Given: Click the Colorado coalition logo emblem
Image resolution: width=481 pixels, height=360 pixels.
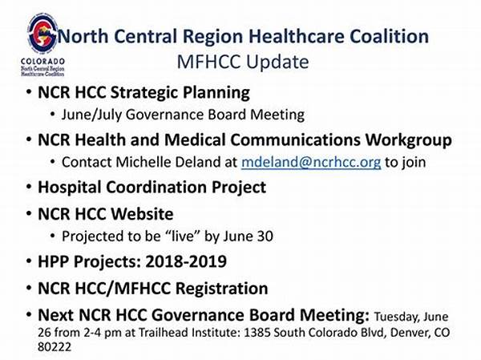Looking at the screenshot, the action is [42, 33].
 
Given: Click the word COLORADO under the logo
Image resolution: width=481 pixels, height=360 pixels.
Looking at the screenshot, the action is [42, 62].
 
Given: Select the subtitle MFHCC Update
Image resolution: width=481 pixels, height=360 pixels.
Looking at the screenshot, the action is [243, 62].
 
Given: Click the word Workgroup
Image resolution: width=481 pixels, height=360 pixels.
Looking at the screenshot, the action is [409, 140].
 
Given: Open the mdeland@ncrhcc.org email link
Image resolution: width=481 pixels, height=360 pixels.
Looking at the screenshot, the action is [311, 162].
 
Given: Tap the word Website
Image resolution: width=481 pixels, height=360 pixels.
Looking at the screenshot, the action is [142, 214].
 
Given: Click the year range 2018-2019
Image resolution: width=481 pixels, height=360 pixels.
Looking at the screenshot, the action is [186, 261].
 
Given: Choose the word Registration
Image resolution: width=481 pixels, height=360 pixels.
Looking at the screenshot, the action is [222, 289].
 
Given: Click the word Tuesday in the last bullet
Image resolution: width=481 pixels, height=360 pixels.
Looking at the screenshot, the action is [396, 317].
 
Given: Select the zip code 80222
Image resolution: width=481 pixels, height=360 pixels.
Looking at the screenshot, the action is [55, 347].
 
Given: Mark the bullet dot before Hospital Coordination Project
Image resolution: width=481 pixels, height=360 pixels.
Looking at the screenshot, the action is [29, 187].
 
